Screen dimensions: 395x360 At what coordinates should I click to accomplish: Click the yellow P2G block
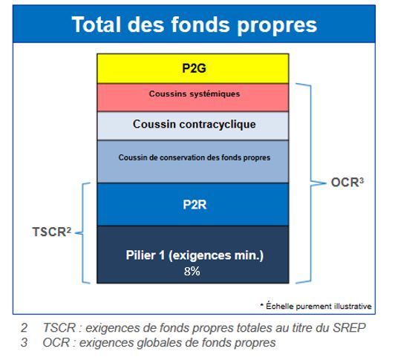click(x=193, y=68)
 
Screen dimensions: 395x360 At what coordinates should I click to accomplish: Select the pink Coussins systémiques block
click(x=193, y=97)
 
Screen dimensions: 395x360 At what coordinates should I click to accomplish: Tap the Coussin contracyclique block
click(x=193, y=125)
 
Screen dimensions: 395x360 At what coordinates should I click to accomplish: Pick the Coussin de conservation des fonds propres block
click(x=193, y=162)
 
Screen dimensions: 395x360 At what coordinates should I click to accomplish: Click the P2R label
click(x=195, y=205)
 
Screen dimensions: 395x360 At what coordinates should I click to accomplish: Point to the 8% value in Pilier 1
click(x=192, y=272)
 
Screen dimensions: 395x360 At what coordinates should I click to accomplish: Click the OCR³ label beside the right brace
click(x=347, y=183)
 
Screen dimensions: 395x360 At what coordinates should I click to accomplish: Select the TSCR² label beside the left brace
click(x=52, y=232)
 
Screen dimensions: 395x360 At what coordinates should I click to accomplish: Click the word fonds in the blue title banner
click(x=200, y=24)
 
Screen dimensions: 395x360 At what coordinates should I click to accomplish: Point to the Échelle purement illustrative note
click(x=316, y=306)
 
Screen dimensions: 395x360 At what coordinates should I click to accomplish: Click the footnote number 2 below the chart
click(x=25, y=328)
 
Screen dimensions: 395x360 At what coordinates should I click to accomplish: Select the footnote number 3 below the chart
click(x=25, y=343)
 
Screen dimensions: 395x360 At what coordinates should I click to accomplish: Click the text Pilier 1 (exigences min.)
click(x=195, y=255)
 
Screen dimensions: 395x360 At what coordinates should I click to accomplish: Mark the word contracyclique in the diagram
click(x=218, y=125)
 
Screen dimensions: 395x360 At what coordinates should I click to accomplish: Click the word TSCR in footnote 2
click(x=59, y=328)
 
